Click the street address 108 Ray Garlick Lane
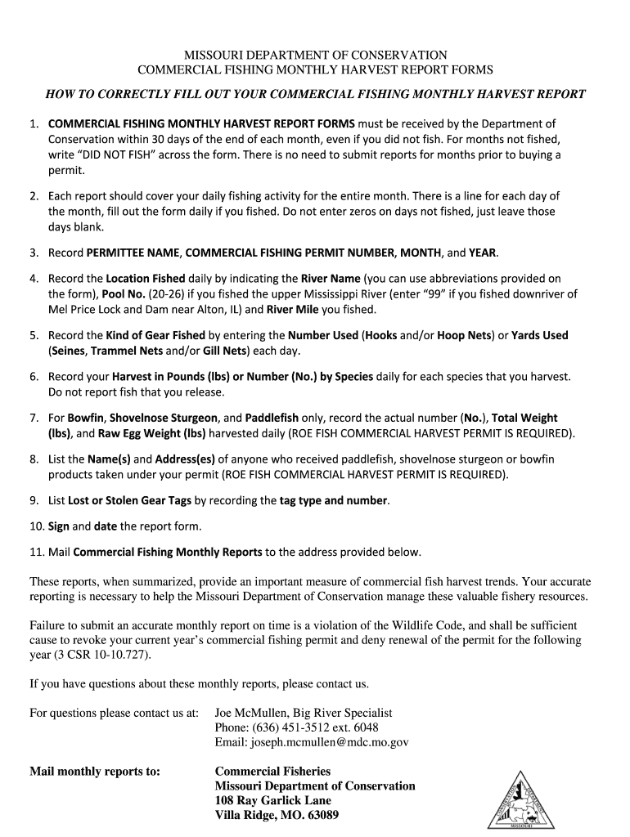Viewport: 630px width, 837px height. pos(272,800)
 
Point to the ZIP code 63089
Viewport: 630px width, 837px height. pos(321,815)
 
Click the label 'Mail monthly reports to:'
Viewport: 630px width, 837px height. pos(95,771)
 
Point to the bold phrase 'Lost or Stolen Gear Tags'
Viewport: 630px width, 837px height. pos(129,500)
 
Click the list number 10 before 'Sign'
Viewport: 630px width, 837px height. pos(37,526)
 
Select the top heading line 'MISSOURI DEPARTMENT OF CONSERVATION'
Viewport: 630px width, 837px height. pos(315,55)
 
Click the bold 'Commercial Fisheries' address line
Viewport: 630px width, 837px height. pos(272,771)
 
